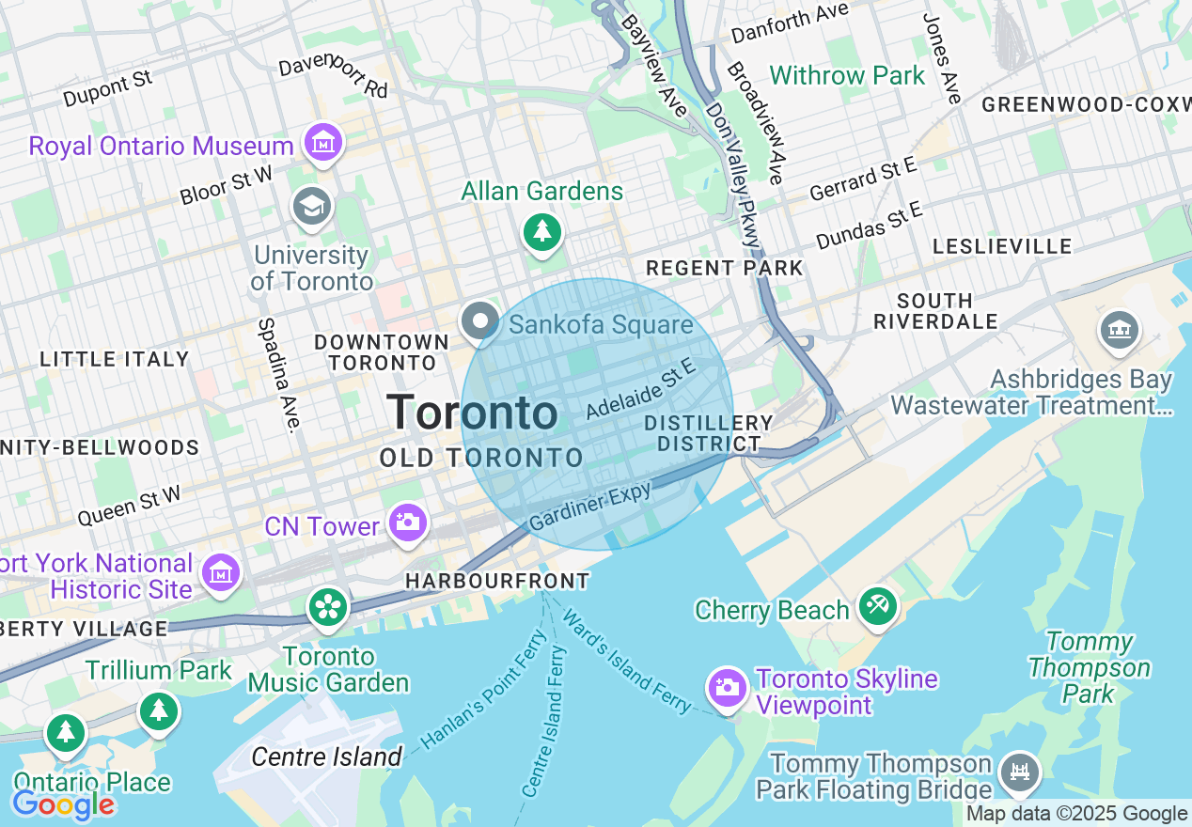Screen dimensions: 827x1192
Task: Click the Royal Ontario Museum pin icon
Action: tap(324, 143)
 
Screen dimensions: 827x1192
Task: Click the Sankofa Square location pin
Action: tap(480, 321)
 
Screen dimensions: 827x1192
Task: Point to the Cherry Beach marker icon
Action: tap(877, 606)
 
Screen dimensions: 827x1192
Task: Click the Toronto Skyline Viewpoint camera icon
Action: tap(727, 688)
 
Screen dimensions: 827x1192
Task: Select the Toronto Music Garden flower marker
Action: tap(328, 606)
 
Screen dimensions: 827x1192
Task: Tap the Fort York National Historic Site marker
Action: tap(221, 572)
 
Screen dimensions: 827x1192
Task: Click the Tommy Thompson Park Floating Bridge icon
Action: tap(1019, 771)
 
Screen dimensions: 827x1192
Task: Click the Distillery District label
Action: tap(709, 433)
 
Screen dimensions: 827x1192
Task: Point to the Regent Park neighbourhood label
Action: tap(724, 268)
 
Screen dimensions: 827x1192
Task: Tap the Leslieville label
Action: tap(1002, 246)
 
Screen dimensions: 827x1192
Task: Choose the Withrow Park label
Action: tap(847, 75)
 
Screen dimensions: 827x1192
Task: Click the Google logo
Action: tap(63, 804)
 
